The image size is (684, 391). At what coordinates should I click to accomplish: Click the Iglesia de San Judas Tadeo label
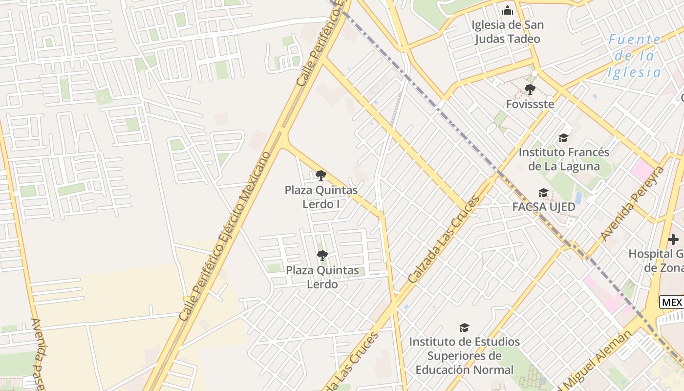(508, 32)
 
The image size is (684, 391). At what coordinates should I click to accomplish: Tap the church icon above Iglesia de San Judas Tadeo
(508, 10)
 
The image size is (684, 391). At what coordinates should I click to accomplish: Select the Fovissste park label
(530, 104)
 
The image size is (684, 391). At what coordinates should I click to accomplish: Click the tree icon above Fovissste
(530, 89)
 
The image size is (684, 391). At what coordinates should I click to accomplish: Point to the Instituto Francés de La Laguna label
(564, 159)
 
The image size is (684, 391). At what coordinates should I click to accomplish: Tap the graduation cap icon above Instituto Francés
(563, 138)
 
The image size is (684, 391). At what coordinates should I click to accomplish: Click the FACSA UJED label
(544, 207)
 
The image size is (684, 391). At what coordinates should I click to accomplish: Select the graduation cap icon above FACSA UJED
(543, 193)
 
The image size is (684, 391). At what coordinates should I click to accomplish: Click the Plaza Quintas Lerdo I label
(321, 197)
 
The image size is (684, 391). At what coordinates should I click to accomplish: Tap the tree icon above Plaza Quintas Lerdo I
(321, 175)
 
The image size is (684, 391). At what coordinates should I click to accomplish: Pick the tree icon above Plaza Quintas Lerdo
(322, 256)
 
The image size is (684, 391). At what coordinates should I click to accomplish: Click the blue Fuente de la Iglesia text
(634, 56)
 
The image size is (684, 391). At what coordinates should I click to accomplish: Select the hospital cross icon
(673, 239)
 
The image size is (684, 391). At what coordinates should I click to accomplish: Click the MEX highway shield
(672, 303)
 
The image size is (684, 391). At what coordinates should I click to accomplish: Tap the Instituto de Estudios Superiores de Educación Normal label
(464, 355)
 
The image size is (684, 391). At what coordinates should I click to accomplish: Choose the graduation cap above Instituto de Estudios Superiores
(464, 328)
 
